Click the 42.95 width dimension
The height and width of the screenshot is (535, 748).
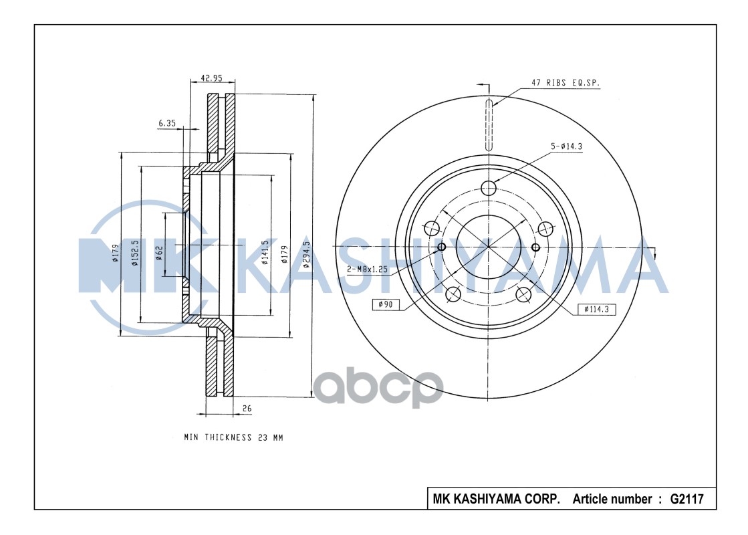(x=212, y=78)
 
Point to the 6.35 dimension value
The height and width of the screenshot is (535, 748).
(x=167, y=123)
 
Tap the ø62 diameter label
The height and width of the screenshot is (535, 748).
(x=158, y=253)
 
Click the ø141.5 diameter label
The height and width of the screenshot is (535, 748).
(x=265, y=252)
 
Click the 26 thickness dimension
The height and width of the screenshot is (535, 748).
(x=247, y=407)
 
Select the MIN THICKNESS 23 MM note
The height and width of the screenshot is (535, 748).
(x=234, y=437)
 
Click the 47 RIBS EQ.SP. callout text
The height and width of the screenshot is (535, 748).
(x=566, y=83)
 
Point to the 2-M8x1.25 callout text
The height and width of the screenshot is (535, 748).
(x=368, y=269)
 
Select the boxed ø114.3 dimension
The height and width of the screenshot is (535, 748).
(x=597, y=309)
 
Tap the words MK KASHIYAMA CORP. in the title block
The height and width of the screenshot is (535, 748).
(x=496, y=499)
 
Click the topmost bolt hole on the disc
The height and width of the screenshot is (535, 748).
(x=489, y=188)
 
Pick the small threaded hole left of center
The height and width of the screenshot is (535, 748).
(x=441, y=248)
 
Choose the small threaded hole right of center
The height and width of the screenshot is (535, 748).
(x=535, y=248)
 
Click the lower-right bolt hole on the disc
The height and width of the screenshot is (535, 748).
(x=523, y=294)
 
